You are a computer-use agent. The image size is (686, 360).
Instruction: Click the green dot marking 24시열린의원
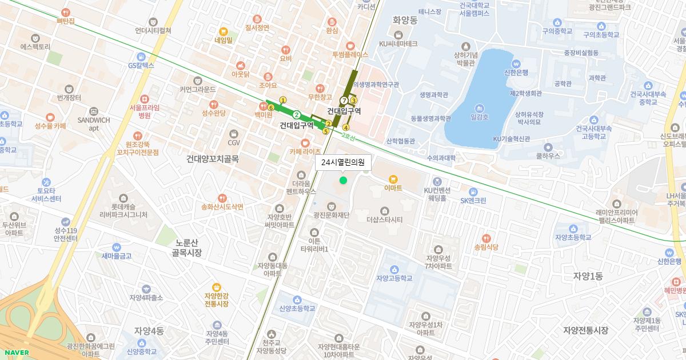[343, 181]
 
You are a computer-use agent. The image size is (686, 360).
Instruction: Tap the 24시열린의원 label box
[343, 163]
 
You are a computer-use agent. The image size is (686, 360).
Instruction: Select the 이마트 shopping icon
[393, 178]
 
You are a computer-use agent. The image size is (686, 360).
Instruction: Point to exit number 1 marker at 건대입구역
[282, 101]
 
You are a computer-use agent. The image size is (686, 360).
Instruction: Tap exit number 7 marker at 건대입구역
[344, 101]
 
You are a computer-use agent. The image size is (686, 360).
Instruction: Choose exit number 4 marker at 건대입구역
[345, 127]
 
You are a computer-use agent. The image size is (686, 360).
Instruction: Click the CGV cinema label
[234, 142]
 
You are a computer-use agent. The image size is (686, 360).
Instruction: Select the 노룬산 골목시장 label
[187, 247]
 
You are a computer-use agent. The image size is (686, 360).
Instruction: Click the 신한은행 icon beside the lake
[516, 64]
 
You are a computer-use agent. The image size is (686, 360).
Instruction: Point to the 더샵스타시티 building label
[385, 219]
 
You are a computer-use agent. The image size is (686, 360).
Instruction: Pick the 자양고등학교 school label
[394, 278]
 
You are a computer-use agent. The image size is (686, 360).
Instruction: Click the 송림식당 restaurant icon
[486, 238]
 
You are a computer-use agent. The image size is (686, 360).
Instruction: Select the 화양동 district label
[406, 19]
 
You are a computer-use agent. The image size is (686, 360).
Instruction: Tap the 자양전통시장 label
[585, 330]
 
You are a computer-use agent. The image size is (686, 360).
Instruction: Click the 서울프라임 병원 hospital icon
[144, 98]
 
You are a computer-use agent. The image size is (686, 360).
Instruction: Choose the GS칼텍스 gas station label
[141, 65]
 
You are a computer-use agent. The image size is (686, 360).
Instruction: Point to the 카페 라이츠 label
[305, 151]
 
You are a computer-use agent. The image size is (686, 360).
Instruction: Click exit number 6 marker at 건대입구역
[270, 107]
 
